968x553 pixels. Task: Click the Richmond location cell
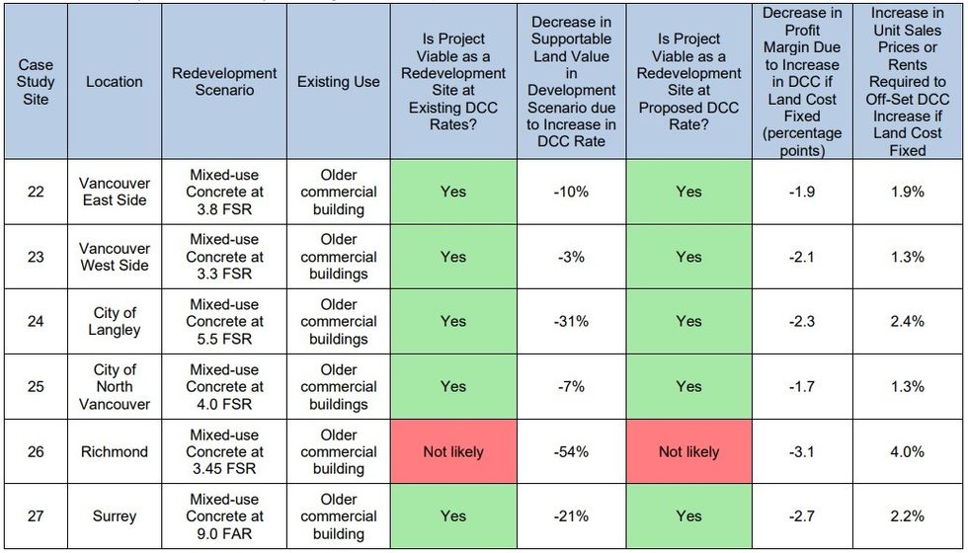115,451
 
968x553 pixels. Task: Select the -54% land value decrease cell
571,451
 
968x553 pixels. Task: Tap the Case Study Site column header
36,82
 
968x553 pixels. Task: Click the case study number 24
36,321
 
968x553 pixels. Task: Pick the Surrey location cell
115,515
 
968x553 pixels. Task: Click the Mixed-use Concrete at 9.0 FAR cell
224,515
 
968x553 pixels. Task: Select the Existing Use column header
339,82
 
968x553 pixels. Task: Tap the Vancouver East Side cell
115,192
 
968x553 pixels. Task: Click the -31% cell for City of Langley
571,321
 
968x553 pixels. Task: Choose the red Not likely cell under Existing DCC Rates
453,451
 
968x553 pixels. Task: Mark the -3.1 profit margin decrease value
802,451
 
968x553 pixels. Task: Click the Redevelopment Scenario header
224,82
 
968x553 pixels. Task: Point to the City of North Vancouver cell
115,386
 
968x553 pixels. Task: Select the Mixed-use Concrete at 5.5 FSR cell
224,321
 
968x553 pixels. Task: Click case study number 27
36,515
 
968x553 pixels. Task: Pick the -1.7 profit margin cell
802,386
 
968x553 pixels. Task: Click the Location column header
115,82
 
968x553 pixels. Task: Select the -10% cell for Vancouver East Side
571,192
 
